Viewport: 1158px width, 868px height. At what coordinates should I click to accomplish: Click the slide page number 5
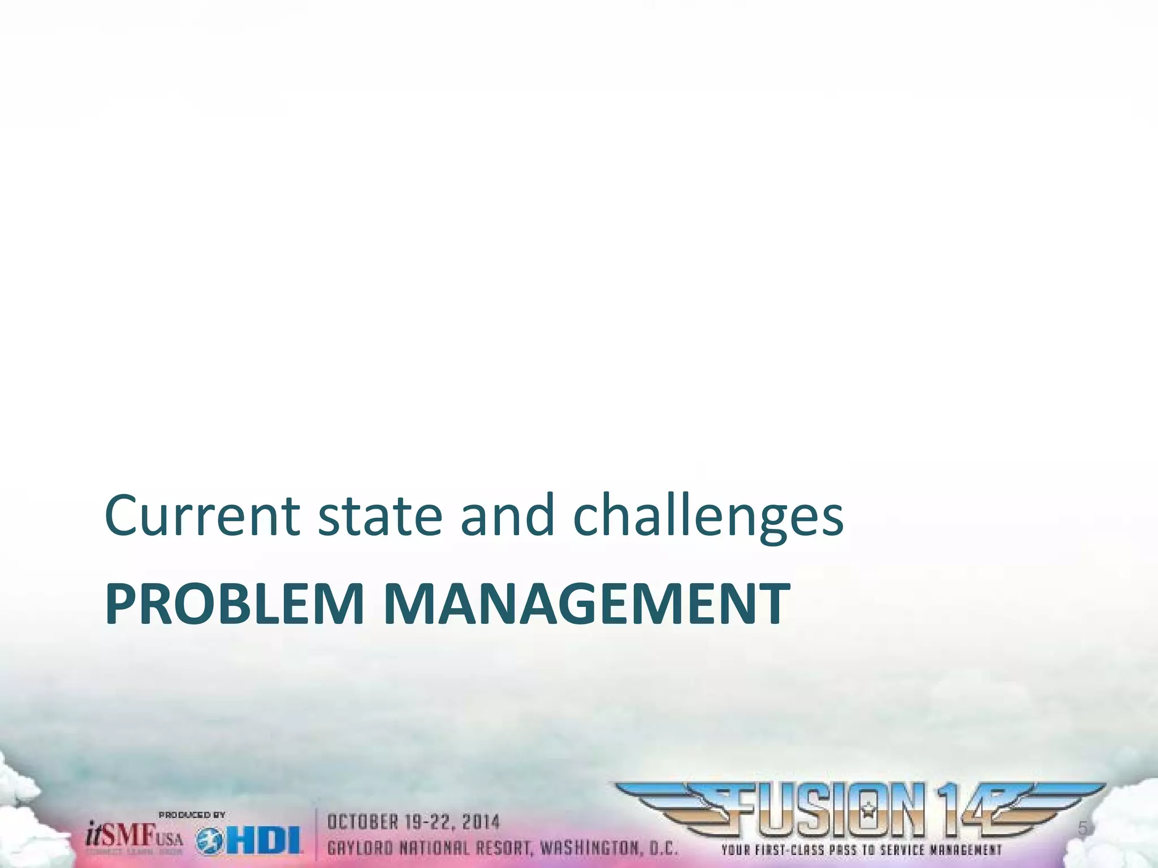(1082, 828)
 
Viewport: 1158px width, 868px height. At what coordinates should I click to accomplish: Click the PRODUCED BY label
(192, 815)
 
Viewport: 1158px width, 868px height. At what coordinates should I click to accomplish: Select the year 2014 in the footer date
(481, 822)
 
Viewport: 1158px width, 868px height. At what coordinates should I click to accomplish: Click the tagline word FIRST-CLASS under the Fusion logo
(787, 850)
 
